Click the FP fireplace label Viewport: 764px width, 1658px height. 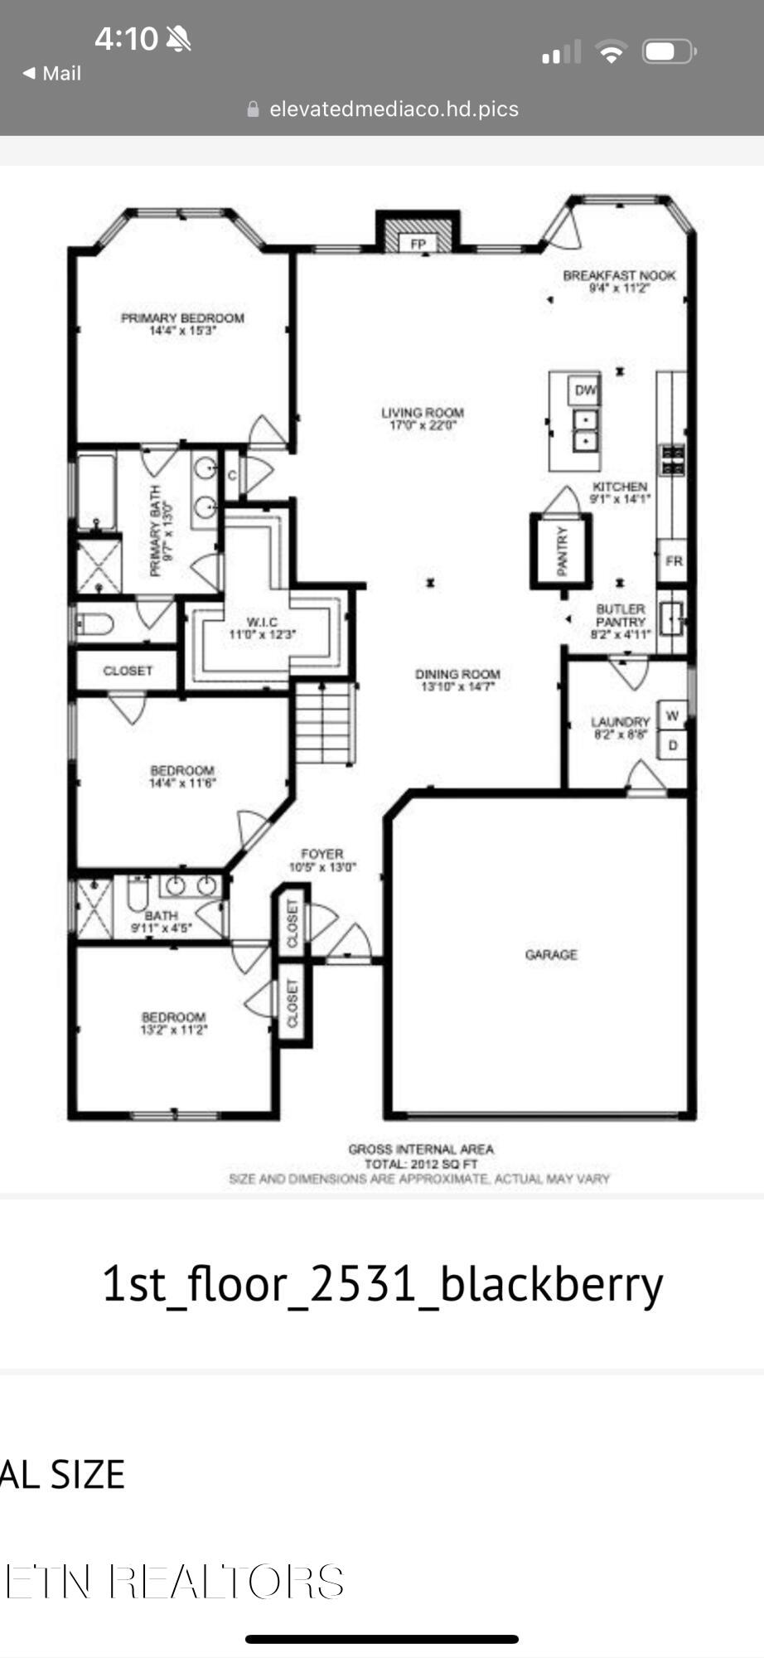click(x=418, y=244)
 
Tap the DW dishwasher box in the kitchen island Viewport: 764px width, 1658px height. click(x=584, y=390)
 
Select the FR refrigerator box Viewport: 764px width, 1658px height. click(x=673, y=561)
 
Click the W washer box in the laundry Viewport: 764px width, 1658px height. click(x=673, y=715)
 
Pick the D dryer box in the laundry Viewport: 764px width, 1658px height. click(x=673, y=745)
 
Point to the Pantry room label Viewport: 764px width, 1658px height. click(x=562, y=550)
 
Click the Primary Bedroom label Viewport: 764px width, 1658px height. click(x=182, y=318)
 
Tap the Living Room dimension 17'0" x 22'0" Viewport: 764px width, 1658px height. click(x=423, y=426)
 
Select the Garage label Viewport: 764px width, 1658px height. click(x=551, y=955)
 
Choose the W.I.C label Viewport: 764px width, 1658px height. click(x=262, y=622)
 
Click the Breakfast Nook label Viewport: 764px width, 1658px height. click(x=619, y=275)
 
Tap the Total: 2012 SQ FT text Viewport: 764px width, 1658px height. click(x=421, y=1164)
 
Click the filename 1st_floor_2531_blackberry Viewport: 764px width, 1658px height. click(x=382, y=1283)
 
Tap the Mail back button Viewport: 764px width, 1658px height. click(x=52, y=73)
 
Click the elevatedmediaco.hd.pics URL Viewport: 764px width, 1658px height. click(x=394, y=109)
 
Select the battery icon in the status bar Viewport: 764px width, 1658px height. click(x=669, y=52)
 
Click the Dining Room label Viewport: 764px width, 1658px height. click(x=457, y=674)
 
